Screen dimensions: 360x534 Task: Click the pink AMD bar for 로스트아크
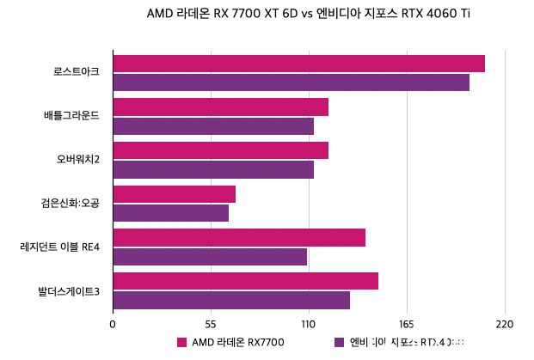tap(298, 64)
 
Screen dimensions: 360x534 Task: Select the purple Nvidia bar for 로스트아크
tap(291, 82)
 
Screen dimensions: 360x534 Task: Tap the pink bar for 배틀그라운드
tap(220, 107)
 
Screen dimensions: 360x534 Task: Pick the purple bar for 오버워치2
tap(212, 169)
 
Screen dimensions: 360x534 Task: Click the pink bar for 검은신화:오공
tap(174, 194)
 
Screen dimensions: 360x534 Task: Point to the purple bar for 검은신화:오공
tap(170, 213)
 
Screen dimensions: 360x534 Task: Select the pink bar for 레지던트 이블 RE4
tap(239, 238)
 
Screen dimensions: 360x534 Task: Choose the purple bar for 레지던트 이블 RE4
tap(210, 257)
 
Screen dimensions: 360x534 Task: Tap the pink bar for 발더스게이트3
tap(245, 281)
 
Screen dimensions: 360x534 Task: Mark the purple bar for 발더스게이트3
tap(231, 300)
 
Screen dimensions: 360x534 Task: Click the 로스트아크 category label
tap(76, 72)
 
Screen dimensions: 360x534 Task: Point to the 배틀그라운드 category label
tap(71, 116)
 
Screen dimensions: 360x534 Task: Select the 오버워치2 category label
tap(78, 159)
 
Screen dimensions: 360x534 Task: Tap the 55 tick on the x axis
tap(211, 324)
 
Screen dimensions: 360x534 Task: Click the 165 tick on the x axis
tap(407, 324)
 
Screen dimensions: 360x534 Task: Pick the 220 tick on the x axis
tap(505, 324)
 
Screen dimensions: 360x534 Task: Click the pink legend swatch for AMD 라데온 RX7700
tap(181, 342)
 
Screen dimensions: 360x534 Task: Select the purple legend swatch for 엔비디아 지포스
tap(339, 342)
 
